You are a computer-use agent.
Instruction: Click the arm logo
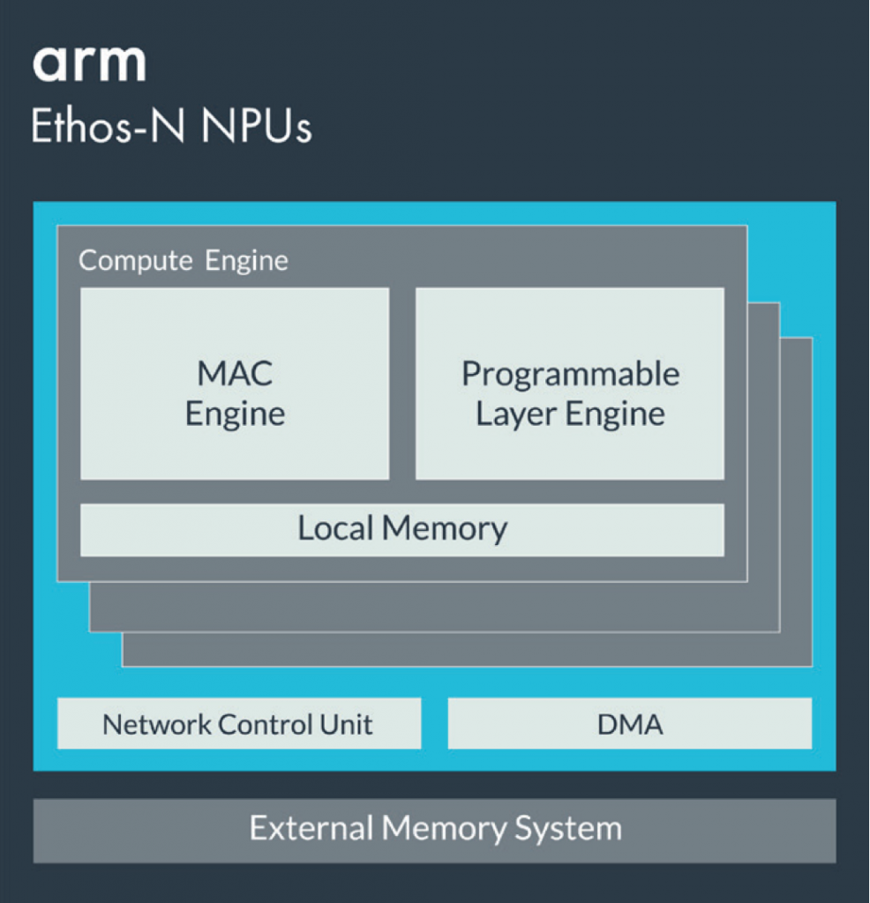point(88,63)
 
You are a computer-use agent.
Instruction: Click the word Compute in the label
point(135,261)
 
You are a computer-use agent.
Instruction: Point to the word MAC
point(235,373)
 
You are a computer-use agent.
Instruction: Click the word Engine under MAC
point(235,414)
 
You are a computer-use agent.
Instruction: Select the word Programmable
point(570,374)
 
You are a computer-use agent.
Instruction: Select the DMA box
point(630,724)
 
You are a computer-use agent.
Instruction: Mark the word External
point(311,829)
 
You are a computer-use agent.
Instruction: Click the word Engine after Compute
point(246,261)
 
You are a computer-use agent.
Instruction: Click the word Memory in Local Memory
point(446,528)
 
